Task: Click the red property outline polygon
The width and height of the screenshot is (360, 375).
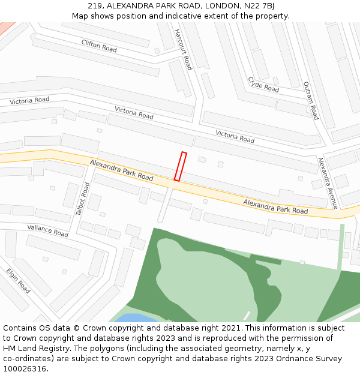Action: (180, 166)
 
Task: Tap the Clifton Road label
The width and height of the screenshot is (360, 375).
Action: (99, 45)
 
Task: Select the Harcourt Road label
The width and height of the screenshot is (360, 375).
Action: (183, 49)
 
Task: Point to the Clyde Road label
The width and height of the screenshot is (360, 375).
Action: (263, 85)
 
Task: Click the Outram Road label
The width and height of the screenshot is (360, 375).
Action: (310, 100)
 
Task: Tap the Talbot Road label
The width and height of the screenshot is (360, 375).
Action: (82, 199)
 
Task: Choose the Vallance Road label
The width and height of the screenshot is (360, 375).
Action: (48, 230)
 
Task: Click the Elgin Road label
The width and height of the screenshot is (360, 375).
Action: (19, 280)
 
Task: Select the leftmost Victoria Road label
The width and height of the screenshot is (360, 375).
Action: (29, 101)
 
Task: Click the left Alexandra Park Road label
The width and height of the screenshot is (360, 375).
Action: (122, 170)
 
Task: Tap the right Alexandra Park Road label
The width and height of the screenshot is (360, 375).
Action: (275, 207)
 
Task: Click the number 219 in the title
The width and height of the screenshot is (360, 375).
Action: (94, 5)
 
